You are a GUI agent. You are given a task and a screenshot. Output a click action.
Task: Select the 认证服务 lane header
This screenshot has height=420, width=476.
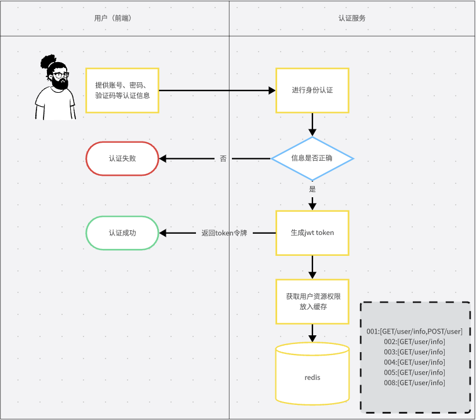point(352,18)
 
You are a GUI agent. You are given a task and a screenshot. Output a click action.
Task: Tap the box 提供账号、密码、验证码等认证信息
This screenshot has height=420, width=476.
point(122,90)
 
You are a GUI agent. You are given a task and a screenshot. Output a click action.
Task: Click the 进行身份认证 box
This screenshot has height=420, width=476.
point(313,90)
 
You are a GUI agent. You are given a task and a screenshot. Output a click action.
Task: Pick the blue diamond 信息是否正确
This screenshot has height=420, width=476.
point(313,158)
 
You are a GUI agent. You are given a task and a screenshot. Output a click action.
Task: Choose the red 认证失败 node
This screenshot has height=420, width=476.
point(122,158)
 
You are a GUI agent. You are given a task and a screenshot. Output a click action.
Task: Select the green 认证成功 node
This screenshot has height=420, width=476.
point(122,233)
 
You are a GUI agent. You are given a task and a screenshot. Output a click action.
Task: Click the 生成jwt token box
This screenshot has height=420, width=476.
point(313,233)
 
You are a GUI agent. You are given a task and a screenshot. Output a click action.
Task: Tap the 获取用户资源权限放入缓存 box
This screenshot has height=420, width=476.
point(313,302)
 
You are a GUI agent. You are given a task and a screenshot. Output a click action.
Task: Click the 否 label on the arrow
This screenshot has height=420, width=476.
point(223,158)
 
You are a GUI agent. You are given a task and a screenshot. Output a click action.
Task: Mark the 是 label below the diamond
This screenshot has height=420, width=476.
point(313,189)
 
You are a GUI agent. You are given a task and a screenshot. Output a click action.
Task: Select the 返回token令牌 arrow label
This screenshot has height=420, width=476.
point(224,233)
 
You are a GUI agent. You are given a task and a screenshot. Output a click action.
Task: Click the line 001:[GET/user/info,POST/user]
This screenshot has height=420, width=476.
point(414,331)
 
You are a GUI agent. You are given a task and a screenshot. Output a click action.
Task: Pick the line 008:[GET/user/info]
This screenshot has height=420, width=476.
point(414,383)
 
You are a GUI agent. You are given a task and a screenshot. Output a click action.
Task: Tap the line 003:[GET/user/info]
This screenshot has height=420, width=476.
point(414,352)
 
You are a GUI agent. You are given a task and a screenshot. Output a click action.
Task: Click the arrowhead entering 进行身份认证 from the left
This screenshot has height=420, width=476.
point(272,90)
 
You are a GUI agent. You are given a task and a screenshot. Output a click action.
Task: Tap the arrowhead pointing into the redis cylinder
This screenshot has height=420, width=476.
point(313,338)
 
